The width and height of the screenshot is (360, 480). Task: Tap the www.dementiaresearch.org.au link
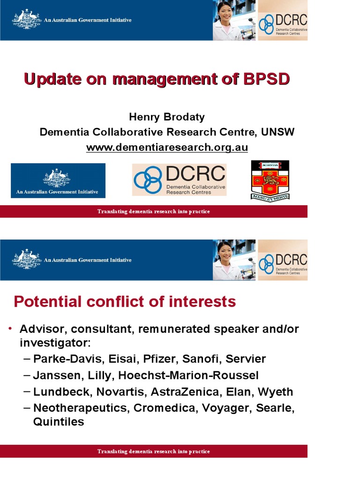click(167, 147)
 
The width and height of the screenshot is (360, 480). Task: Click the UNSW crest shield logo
click(270, 180)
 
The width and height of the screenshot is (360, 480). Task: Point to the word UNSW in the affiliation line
click(277, 132)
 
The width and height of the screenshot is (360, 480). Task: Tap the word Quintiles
click(59, 421)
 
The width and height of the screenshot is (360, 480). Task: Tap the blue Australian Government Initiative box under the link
click(58, 180)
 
